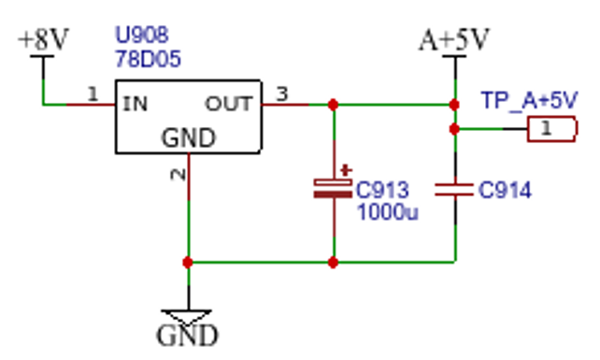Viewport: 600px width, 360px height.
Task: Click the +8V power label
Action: [43, 39]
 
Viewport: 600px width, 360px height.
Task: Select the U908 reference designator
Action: [141, 35]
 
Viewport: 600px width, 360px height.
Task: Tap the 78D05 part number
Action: [148, 59]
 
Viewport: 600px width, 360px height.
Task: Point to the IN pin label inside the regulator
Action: [136, 104]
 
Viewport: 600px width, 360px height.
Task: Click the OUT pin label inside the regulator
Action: [229, 104]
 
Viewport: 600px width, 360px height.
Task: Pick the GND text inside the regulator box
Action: [189, 137]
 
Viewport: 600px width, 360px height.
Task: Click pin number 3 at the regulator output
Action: [282, 94]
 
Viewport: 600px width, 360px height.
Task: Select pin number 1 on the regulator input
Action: [93, 94]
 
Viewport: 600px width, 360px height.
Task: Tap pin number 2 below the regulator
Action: [178, 174]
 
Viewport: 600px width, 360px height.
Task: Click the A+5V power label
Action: [454, 39]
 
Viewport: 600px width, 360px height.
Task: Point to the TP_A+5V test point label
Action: [530, 100]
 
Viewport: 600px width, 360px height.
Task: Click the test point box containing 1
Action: [552, 129]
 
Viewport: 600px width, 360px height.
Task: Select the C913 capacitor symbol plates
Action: [333, 189]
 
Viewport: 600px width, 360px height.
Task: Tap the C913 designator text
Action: [382, 190]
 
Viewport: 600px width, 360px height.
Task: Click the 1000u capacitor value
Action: [388, 211]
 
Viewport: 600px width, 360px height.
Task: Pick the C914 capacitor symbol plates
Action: [454, 190]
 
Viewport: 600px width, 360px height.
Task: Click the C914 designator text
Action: [505, 190]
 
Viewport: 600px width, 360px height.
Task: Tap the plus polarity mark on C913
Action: [347, 170]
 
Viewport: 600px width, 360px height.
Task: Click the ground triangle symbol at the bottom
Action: [187, 317]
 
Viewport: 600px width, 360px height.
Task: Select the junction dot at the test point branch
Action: [454, 129]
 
